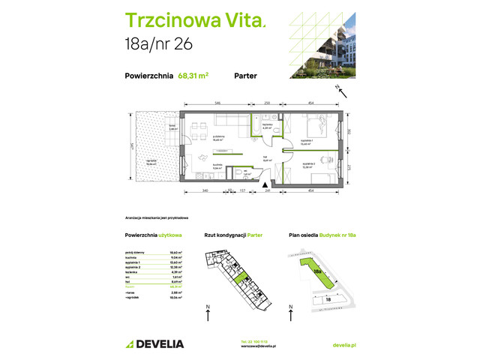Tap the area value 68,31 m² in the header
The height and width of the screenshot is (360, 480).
click(193, 75)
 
